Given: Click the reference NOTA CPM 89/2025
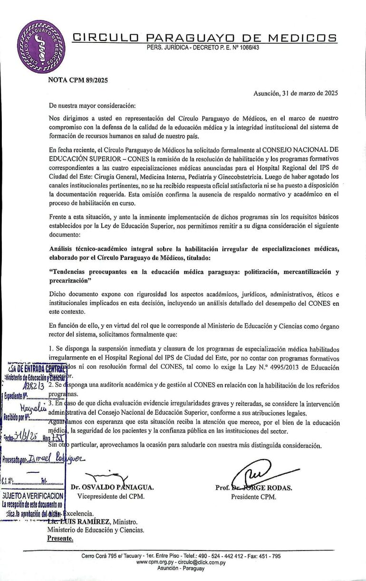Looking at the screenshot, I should point(78,80).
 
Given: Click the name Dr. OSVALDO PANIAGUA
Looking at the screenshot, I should point(112,488).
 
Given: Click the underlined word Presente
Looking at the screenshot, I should point(60,538).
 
